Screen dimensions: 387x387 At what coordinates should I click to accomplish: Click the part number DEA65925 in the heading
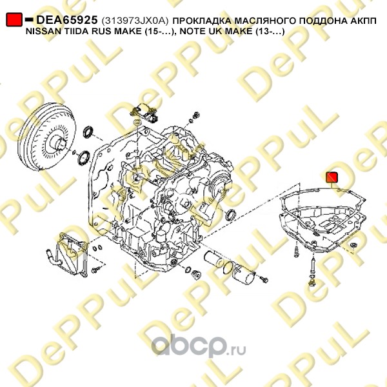pos(67,20)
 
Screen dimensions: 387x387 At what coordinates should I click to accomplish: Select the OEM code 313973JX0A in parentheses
pos(135,21)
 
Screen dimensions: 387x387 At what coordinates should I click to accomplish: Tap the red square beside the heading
pos(14,19)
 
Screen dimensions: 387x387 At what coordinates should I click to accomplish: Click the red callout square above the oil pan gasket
pos(332,177)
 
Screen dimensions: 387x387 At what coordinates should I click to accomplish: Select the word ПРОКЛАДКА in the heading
pos(202,21)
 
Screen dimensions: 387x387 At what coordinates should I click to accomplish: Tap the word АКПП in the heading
pos(363,21)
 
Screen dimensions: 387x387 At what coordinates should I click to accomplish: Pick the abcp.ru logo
pos(198,346)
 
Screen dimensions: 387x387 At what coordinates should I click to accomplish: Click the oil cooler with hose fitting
pos(67,253)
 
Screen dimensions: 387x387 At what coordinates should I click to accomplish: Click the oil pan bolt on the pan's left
pos(297,252)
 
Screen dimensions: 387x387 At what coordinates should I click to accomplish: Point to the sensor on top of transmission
pos(144,112)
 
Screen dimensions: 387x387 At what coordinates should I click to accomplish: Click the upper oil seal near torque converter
pos(88,132)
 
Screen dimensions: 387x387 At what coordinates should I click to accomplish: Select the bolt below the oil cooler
pos(95,270)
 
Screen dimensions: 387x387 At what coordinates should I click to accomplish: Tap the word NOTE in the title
pos(192,31)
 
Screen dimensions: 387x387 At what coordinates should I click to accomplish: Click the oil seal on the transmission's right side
pos(231,214)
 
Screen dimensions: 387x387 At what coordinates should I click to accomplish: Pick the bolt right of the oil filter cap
pos(264,279)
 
